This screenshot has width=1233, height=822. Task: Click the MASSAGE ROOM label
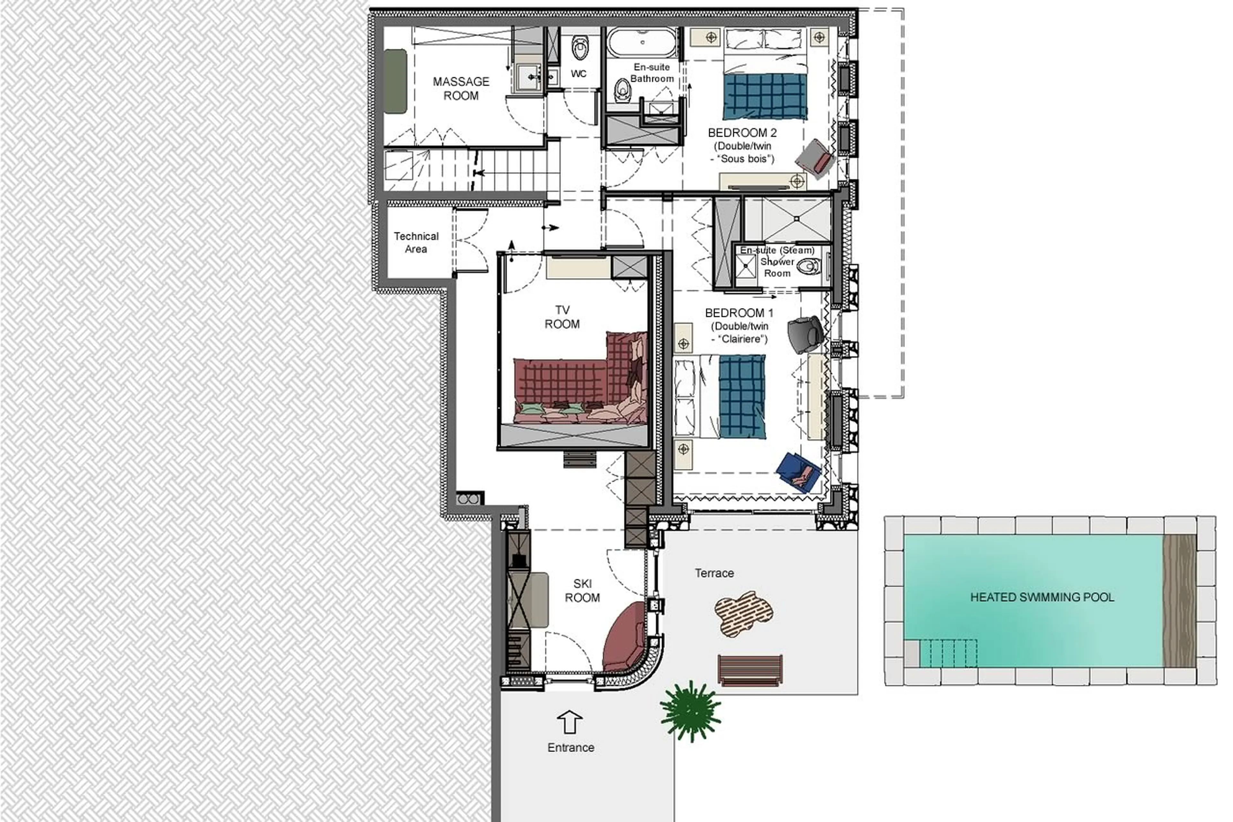(460, 89)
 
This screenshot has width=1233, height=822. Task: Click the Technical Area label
(416, 242)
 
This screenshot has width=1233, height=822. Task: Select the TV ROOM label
(562, 317)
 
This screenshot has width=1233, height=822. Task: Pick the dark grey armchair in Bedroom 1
(804, 334)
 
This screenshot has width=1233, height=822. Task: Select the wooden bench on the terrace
(750, 670)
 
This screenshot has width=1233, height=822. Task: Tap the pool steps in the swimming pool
(949, 653)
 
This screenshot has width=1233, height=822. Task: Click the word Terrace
(714, 573)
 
